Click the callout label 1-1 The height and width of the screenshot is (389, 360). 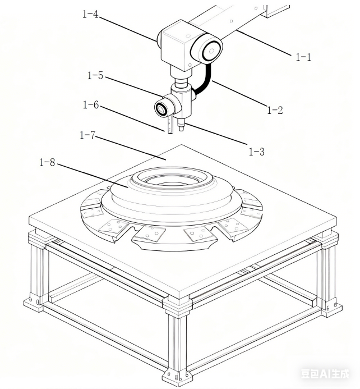click(x=303, y=56)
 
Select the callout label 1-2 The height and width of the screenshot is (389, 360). click(x=274, y=110)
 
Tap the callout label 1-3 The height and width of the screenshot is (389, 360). click(x=256, y=152)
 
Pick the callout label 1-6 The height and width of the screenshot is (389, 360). click(x=91, y=104)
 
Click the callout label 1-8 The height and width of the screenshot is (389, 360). click(x=47, y=163)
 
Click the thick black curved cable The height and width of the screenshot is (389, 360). click(x=205, y=79)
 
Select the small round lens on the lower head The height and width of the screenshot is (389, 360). click(x=162, y=108)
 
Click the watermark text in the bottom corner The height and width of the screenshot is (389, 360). click(x=329, y=373)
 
